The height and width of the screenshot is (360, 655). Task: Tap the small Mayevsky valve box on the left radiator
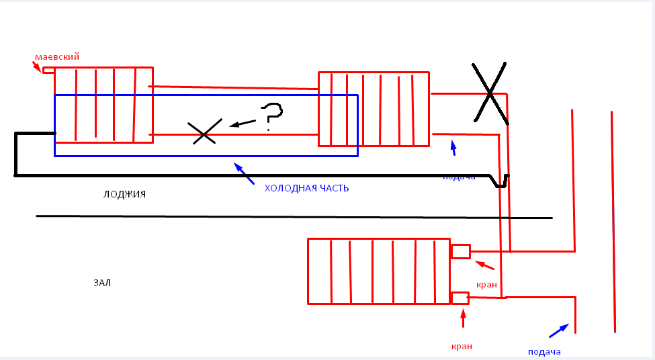click(x=48, y=70)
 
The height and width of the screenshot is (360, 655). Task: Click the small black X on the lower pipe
click(x=204, y=132)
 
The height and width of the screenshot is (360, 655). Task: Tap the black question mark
click(x=271, y=115)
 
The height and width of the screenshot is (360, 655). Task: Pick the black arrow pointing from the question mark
click(x=243, y=123)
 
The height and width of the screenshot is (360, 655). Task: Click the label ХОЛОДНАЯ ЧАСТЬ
click(x=306, y=188)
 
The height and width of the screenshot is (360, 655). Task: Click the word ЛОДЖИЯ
click(x=124, y=194)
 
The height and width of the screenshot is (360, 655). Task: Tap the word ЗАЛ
click(x=102, y=283)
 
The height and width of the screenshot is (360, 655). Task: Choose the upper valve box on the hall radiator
click(x=460, y=251)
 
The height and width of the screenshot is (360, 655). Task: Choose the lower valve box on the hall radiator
click(x=460, y=298)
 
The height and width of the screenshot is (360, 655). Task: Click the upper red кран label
click(x=486, y=285)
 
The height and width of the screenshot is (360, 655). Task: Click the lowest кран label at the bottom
click(x=462, y=347)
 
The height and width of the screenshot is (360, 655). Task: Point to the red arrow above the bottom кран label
click(x=463, y=319)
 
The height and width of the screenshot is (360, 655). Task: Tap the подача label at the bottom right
click(x=544, y=351)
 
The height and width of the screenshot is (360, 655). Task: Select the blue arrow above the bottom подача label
click(x=558, y=330)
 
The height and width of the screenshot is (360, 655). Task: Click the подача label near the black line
click(x=459, y=177)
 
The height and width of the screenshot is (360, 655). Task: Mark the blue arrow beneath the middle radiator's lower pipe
click(x=453, y=147)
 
